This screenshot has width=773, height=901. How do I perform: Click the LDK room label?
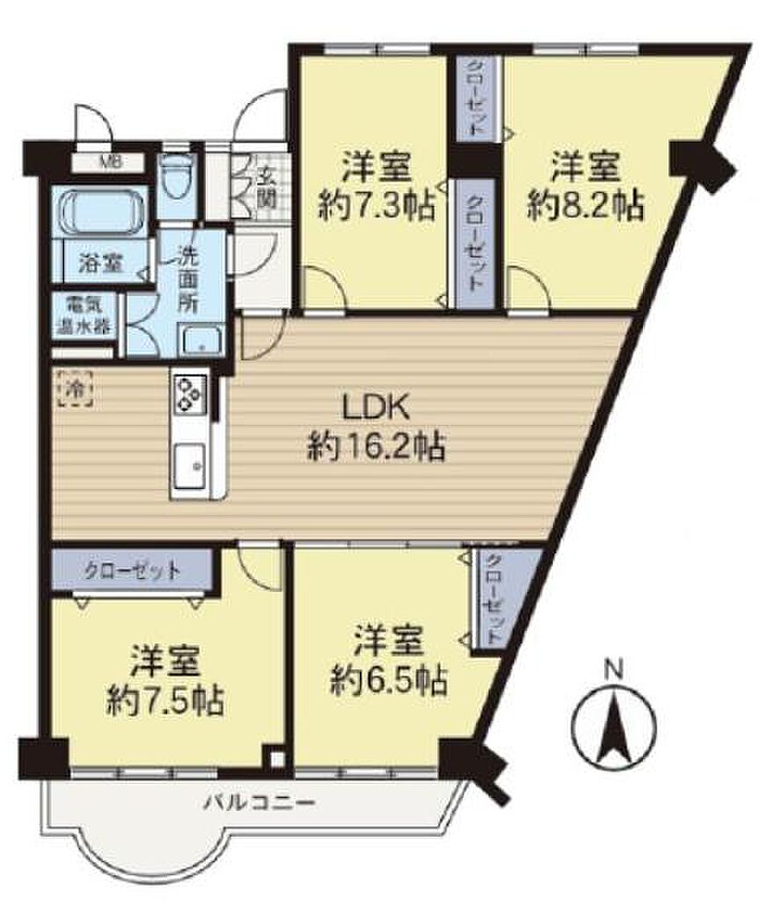coord(376,408)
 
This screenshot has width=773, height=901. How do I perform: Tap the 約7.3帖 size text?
coord(376,206)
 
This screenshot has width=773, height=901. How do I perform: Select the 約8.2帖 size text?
coord(585,206)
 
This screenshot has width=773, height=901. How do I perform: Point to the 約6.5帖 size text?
coord(389,681)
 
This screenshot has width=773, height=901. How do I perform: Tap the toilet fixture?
coord(174,174)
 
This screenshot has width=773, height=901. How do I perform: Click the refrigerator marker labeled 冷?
coord(75,388)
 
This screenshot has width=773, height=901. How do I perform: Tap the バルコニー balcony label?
coord(260,802)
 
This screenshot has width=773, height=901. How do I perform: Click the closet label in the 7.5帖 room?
coord(132,570)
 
